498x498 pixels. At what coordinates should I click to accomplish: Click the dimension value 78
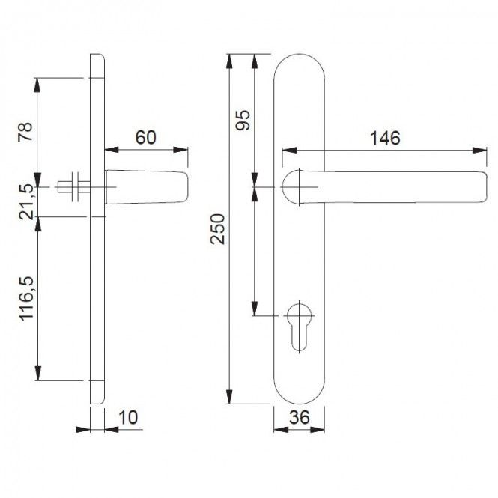point(25,132)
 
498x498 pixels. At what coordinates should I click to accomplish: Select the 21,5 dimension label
point(26,202)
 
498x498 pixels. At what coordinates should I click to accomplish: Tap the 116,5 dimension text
point(27,299)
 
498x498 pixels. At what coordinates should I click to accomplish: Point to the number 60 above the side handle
point(146,137)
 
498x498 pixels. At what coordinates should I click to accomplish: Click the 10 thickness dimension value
point(128,417)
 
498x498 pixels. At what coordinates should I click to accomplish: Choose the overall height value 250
point(218,229)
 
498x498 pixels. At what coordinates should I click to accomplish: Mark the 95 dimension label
point(243,120)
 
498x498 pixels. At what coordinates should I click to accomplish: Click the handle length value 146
point(385,138)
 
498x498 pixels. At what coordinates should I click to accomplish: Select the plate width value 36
point(300,417)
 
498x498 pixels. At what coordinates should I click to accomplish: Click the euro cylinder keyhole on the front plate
point(300,327)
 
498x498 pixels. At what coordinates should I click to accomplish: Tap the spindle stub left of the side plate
point(73,187)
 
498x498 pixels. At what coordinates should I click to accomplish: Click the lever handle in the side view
point(147,187)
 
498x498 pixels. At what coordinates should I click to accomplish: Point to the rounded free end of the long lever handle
point(483,186)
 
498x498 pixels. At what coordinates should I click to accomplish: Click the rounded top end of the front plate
point(300,55)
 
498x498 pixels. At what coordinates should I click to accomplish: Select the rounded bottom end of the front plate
point(300,404)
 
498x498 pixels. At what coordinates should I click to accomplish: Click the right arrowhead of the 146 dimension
point(479,151)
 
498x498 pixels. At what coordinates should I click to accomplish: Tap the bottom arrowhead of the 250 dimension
point(229,397)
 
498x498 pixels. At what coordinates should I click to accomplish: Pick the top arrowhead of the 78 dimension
point(37,85)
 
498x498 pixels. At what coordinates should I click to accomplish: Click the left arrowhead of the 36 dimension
point(281,430)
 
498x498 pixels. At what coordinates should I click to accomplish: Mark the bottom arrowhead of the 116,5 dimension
point(38,373)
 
